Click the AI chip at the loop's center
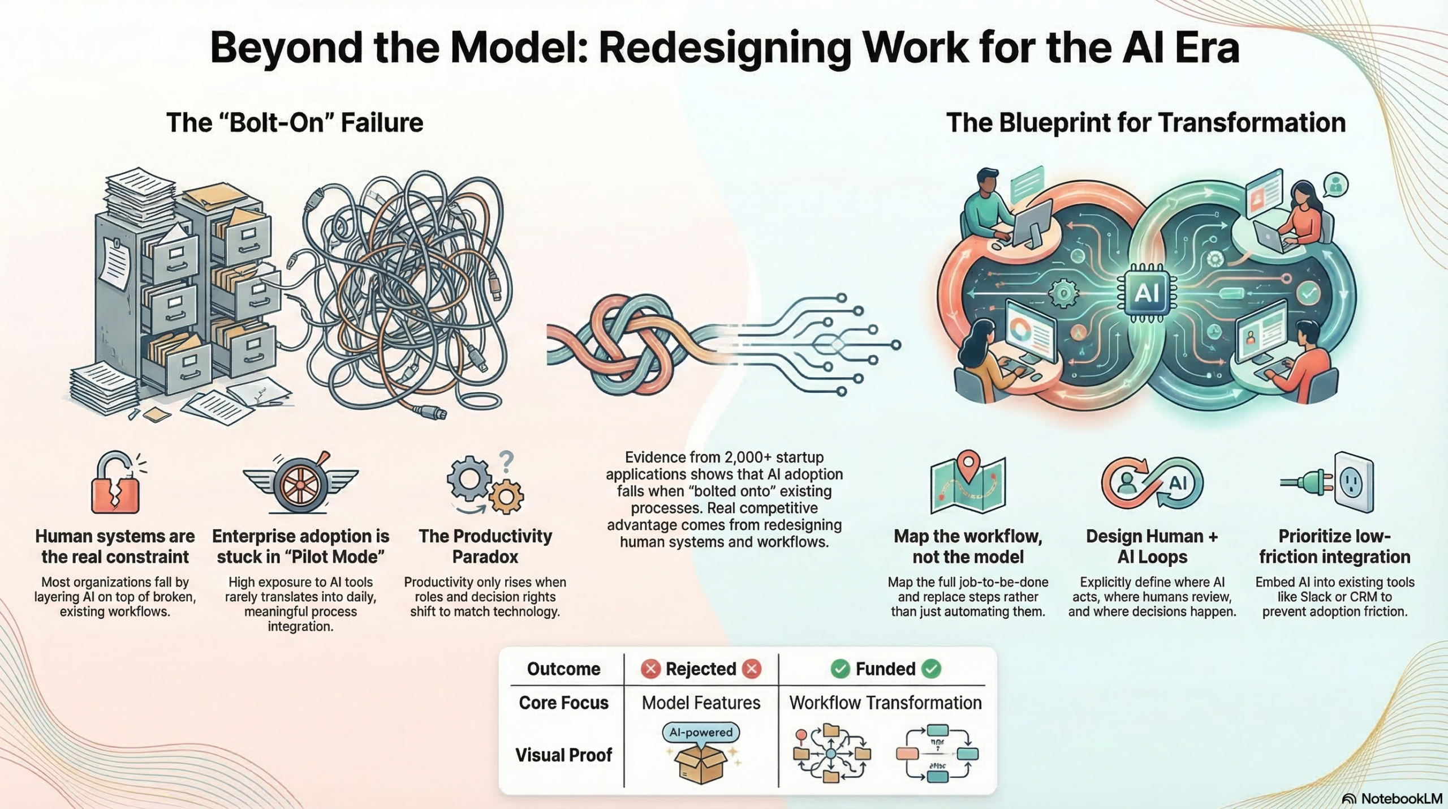(x=1147, y=293)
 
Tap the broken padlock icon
(x=116, y=484)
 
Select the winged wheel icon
(x=300, y=483)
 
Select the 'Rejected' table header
(x=700, y=669)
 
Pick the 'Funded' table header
(x=885, y=669)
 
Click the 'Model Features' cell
(x=701, y=703)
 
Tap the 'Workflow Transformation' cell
(x=885, y=703)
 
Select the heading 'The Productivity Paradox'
(x=485, y=546)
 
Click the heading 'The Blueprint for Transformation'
(x=1146, y=123)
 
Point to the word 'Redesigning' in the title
(x=725, y=48)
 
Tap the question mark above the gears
(x=506, y=460)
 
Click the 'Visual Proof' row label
(x=563, y=755)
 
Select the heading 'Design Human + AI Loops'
(x=1152, y=546)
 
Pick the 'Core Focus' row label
(x=563, y=703)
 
